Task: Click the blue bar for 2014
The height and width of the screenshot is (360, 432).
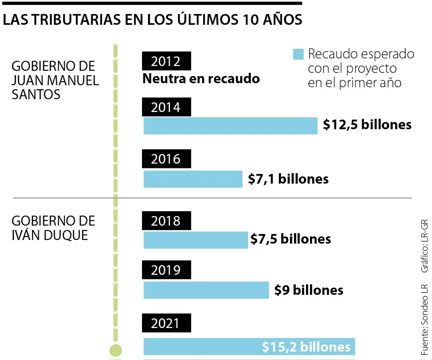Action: [230, 126]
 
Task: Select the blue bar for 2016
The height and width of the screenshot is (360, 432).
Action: [193, 179]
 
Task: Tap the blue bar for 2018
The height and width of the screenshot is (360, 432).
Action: [196, 240]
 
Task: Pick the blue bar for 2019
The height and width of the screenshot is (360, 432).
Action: [206, 290]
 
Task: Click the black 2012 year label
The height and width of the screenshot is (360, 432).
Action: [166, 61]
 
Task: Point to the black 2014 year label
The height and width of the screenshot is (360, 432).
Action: [166, 108]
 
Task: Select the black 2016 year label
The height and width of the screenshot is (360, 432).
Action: [166, 159]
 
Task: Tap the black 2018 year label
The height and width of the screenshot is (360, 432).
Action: [166, 221]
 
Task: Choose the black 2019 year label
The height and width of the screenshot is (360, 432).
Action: [166, 270]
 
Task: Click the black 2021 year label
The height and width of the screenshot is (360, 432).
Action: [166, 323]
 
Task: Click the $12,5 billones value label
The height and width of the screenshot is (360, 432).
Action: [367, 125]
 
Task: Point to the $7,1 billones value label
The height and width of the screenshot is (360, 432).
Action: [288, 179]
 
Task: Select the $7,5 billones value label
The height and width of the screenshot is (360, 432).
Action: [291, 239]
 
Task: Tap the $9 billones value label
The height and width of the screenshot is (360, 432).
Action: [309, 290]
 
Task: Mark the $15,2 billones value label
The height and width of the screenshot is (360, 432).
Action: [306, 347]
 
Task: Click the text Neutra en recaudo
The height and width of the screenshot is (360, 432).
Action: [201, 78]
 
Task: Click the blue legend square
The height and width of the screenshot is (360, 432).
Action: [298, 54]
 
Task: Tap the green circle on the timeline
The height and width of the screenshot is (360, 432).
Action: [116, 350]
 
